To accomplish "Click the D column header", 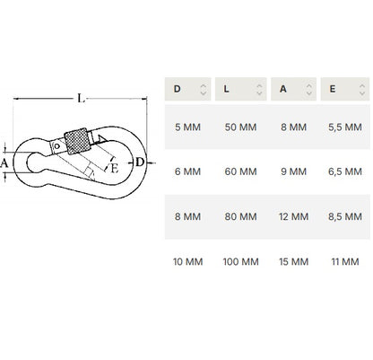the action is (x=187, y=89).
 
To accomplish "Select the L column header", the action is (x=240, y=89).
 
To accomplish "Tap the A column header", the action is (x=293, y=89).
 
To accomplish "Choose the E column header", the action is (x=345, y=89).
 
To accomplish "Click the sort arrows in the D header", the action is (x=204, y=89).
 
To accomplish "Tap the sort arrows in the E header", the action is (x=362, y=89).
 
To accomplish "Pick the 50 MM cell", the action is (x=240, y=127).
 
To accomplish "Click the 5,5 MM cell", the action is (x=345, y=127).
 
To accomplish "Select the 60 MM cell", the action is (x=240, y=171).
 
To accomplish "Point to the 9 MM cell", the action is (x=293, y=171).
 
